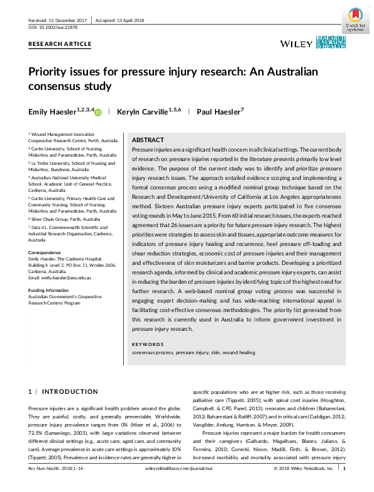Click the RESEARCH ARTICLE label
tap(60, 44)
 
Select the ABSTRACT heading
tap(148, 140)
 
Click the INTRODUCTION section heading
tap(63, 391)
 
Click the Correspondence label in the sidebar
tap(45, 252)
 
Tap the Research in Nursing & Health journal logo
tap(331, 42)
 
